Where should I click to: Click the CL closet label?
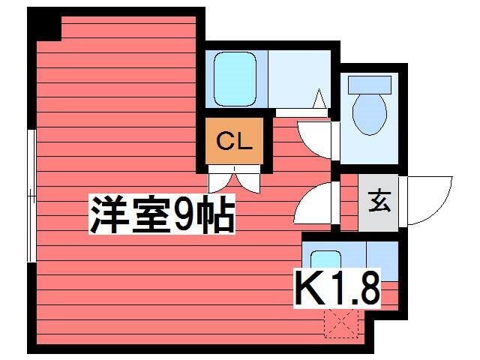(234, 141)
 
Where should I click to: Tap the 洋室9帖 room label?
(162, 214)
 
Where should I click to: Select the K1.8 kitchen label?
(337, 288)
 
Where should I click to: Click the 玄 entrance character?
(379, 201)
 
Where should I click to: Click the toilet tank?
(370, 85)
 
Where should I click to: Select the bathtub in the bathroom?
(235, 79)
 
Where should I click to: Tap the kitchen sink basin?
(325, 259)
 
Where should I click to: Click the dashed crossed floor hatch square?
(341, 322)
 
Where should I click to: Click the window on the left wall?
(31, 196)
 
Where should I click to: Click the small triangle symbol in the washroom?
(319, 98)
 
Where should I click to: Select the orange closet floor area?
(234, 141)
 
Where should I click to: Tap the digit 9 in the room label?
(183, 214)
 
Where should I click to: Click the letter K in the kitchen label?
(308, 288)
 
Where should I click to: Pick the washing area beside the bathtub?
(299, 79)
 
